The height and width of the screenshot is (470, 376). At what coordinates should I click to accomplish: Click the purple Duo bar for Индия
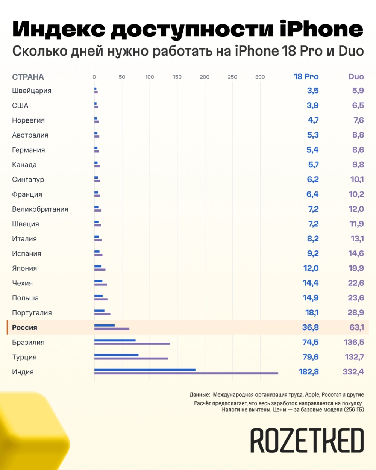[x=186, y=373]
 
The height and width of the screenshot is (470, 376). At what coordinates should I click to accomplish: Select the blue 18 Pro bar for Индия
[x=145, y=370]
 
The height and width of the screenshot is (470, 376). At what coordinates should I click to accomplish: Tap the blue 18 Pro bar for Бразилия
[x=115, y=340]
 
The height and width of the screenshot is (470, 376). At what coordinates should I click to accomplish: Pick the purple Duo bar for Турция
[x=131, y=358]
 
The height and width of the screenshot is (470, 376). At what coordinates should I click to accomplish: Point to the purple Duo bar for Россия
[x=112, y=329]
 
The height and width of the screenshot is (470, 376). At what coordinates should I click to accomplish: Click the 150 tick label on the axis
[x=177, y=77]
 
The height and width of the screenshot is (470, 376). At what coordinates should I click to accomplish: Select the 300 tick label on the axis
[x=260, y=77]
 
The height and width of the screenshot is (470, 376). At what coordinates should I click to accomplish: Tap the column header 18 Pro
[x=306, y=77]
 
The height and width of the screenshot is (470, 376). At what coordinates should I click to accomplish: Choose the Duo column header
[x=356, y=77]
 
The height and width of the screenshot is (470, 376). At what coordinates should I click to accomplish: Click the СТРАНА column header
[x=28, y=77]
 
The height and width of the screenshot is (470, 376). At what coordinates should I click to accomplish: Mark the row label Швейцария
[x=32, y=91]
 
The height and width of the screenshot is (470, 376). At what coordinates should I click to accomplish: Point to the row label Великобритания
[x=40, y=209]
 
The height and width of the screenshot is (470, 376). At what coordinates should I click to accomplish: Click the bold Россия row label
[x=24, y=327]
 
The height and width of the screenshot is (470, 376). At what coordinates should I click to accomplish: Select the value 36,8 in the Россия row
[x=311, y=327]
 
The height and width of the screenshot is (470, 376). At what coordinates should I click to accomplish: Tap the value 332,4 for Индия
[x=353, y=372]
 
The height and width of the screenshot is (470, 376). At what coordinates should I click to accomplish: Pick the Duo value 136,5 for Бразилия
[x=354, y=342]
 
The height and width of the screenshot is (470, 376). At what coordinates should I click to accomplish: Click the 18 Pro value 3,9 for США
[x=312, y=106]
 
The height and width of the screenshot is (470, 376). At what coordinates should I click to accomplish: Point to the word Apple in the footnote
[x=312, y=395]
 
